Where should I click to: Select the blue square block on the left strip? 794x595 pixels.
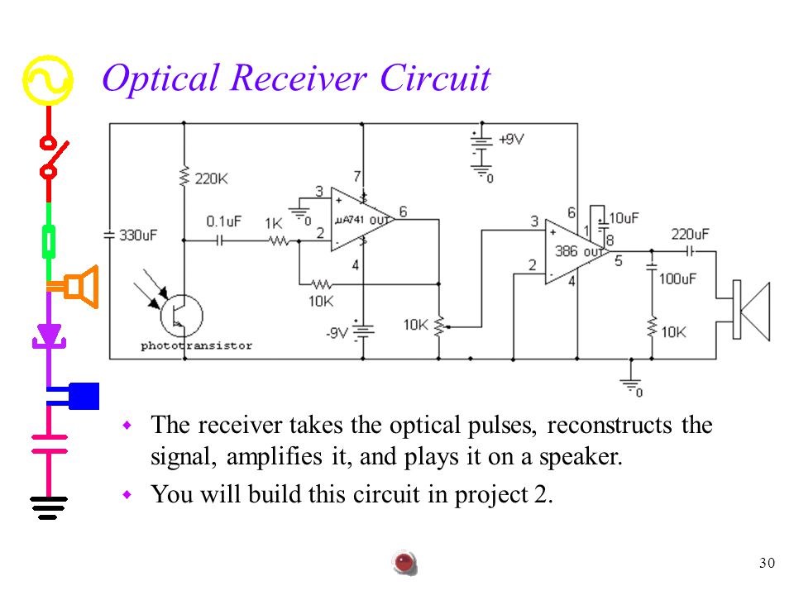(84, 396)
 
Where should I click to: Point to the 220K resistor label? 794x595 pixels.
(211, 178)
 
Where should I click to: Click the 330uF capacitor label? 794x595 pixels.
(138, 236)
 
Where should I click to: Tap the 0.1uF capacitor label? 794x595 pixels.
(224, 221)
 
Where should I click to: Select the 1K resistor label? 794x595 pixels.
(274, 224)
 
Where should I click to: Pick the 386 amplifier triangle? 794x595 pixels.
(577, 251)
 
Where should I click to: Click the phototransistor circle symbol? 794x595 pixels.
(182, 316)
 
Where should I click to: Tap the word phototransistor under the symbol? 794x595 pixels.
(197, 345)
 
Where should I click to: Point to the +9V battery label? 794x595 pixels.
(511, 139)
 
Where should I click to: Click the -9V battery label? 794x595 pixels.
(337, 333)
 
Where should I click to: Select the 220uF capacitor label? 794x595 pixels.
(690, 234)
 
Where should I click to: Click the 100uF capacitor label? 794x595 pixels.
(677, 278)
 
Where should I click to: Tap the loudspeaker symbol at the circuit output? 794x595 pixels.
(752, 310)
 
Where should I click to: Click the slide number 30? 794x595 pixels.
(768, 563)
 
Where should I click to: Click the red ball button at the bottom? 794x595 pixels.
(404, 563)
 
